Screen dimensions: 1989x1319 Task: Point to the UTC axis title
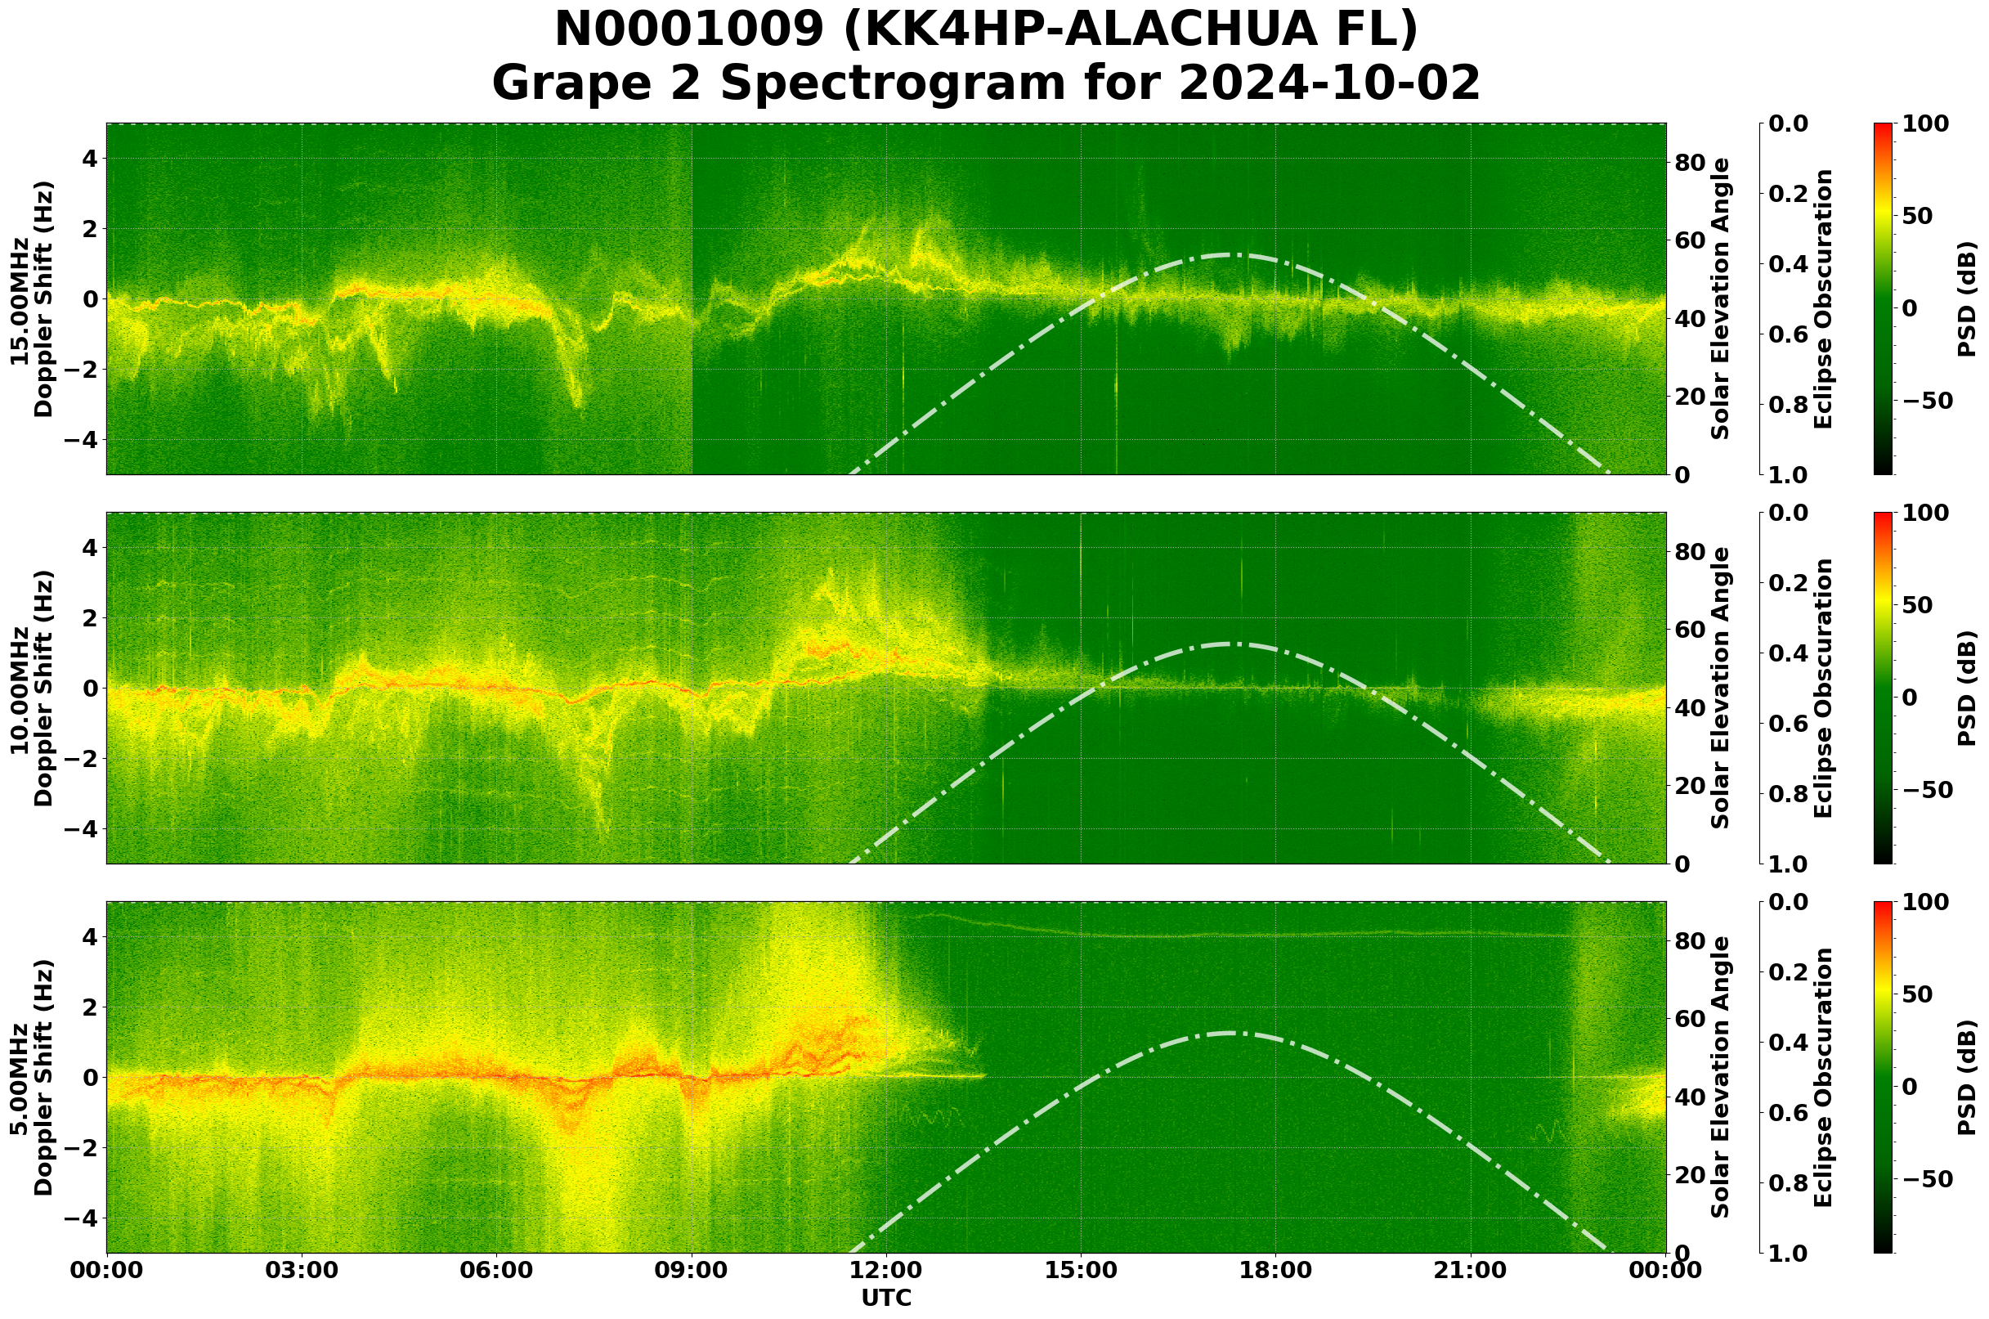[886, 1298]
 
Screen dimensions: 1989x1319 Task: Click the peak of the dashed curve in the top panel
[1230, 254]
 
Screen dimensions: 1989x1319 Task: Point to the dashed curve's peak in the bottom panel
[1230, 1032]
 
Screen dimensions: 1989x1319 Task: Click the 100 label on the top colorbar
[1925, 123]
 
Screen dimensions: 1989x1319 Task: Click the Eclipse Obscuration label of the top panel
[1822, 298]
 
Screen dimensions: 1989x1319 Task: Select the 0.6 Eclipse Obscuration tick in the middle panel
[1790, 725]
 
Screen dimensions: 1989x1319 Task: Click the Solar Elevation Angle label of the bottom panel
[1721, 1078]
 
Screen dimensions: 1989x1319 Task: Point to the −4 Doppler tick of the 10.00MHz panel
[83, 829]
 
